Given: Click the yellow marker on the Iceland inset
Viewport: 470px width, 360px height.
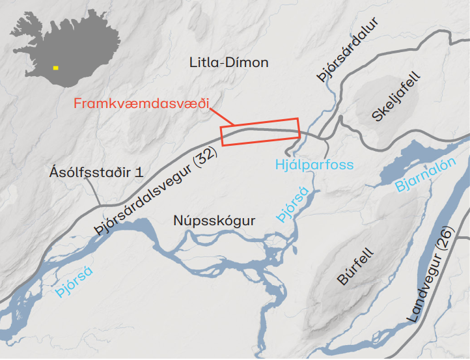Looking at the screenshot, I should [x=56, y=67].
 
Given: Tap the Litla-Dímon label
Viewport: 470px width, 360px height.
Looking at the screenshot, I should [x=228, y=63].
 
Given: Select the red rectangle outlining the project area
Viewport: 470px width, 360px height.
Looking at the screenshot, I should [x=260, y=132].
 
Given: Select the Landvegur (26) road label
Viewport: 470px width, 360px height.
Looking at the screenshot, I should [x=432, y=280].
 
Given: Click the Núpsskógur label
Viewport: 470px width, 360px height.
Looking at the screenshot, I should [x=214, y=221].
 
